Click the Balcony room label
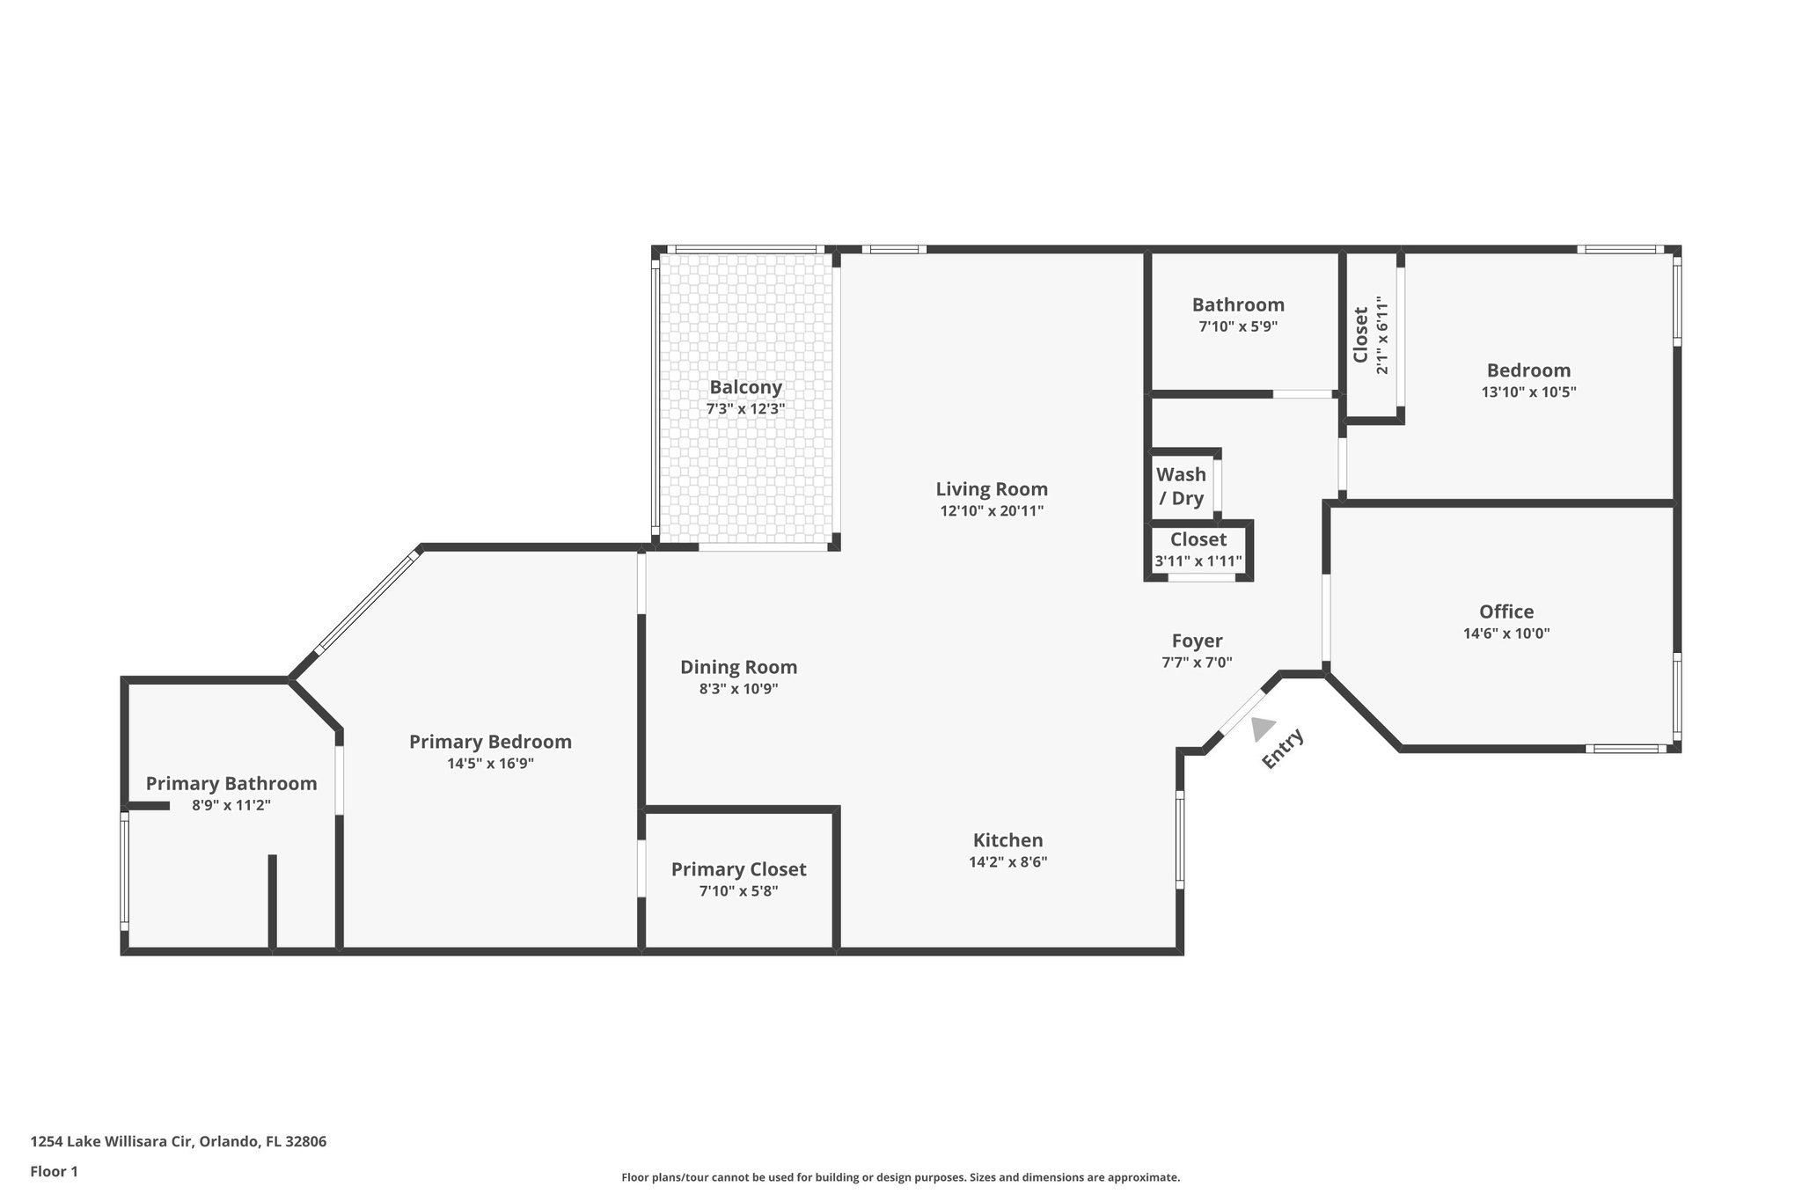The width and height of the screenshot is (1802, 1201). [x=745, y=387]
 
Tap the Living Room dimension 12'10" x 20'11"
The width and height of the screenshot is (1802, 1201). [x=992, y=510]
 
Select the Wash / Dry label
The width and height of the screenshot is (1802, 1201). [x=1181, y=487]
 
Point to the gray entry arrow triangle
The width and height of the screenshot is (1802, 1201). [x=1263, y=729]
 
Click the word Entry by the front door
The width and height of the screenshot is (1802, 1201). [x=1283, y=750]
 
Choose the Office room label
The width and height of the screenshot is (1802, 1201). [x=1506, y=611]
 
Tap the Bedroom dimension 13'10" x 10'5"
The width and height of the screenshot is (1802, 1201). [x=1528, y=392]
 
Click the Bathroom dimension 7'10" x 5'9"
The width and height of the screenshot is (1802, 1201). [x=1238, y=326]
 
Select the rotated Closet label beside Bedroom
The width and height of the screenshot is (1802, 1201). [x=1360, y=334]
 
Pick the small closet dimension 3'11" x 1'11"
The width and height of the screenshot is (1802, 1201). [x=1198, y=561]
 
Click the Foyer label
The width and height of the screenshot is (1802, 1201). [x=1197, y=641]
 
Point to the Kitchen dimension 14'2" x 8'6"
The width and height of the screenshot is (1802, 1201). [x=1008, y=862]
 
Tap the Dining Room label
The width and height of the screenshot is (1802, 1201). [x=739, y=667]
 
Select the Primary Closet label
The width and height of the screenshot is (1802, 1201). [x=739, y=869]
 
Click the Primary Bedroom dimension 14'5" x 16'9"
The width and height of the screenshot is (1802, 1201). [x=490, y=764]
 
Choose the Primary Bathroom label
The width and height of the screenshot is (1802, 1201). [x=231, y=783]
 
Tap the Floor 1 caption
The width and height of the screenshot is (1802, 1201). [x=54, y=1171]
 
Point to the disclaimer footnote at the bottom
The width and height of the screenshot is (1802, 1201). [x=901, y=1177]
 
